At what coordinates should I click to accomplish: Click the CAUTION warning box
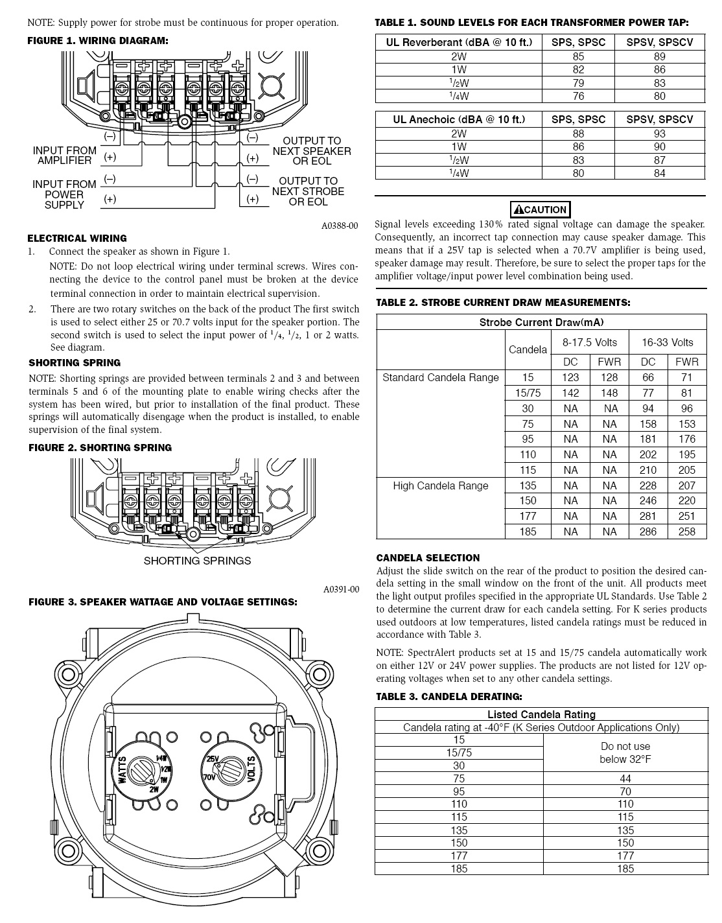tap(540, 209)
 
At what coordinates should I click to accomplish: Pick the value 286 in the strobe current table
tap(648, 532)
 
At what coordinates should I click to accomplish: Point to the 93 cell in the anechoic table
tap(659, 134)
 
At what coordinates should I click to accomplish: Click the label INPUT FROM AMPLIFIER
tap(64, 156)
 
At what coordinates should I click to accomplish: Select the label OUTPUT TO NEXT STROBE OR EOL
tap(309, 191)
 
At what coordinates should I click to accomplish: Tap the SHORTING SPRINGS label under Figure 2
tap(197, 561)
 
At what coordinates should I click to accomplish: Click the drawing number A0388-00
tap(340, 226)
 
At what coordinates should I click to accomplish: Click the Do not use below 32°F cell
tap(625, 753)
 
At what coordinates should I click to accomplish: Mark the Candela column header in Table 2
tap(528, 350)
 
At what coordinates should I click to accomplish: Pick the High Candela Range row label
tap(441, 485)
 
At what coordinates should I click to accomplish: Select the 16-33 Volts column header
tap(667, 342)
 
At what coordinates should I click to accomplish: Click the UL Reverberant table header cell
tap(459, 42)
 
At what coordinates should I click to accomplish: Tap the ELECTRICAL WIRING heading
tap(77, 238)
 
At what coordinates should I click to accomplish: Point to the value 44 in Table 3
tap(625, 778)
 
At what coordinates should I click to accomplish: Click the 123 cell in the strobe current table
tap(570, 377)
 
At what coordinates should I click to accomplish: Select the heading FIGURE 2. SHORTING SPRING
tap(100, 448)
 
